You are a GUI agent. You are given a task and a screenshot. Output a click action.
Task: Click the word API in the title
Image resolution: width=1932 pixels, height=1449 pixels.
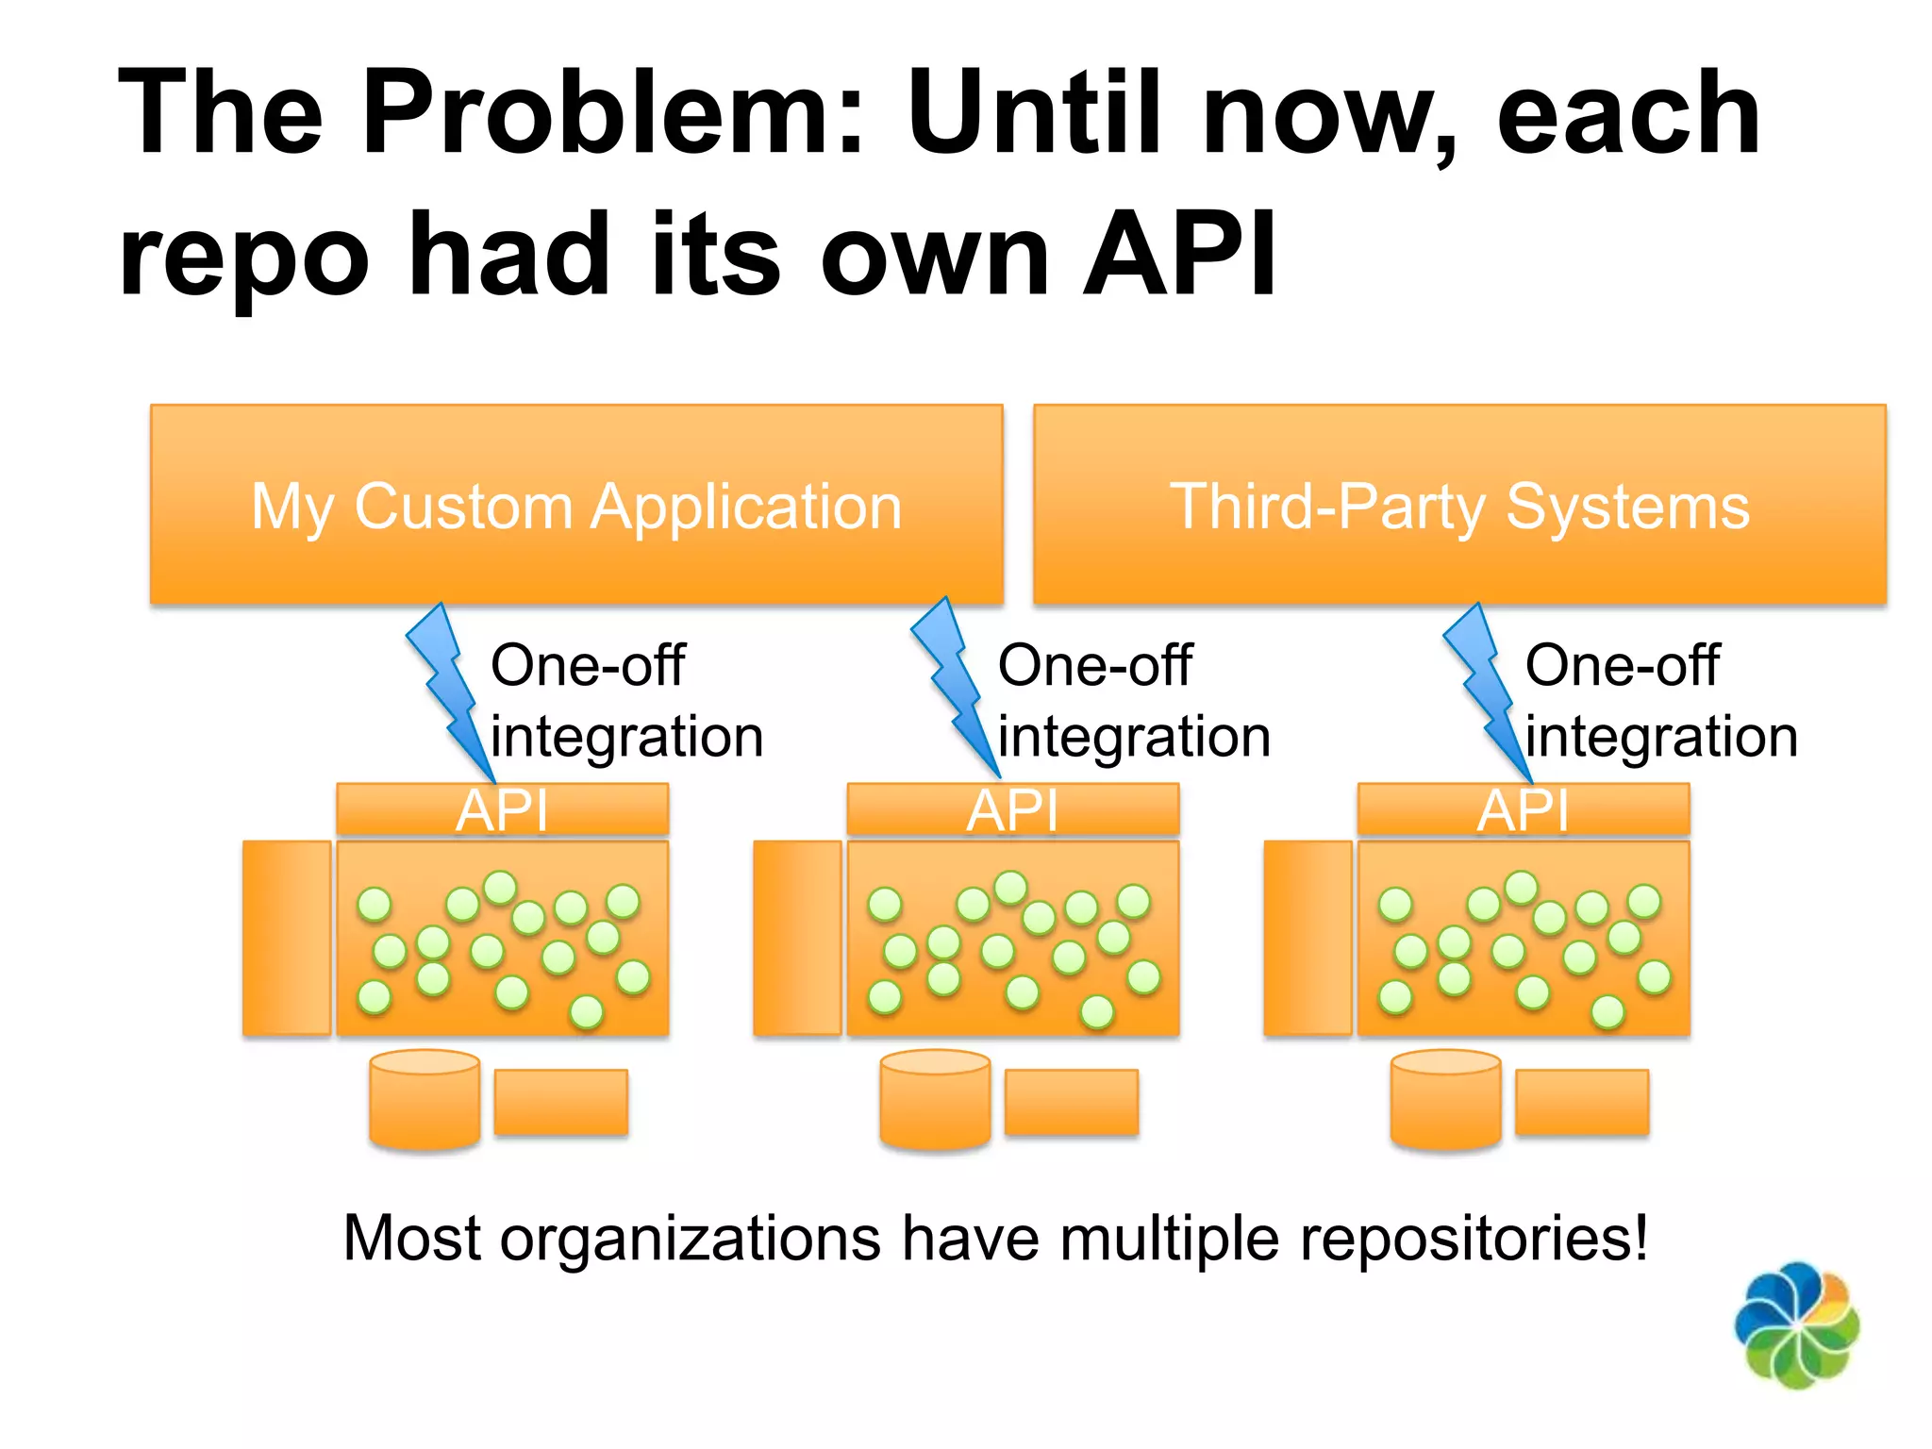tap(1179, 255)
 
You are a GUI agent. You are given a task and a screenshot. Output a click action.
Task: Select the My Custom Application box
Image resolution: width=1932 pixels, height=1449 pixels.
tap(576, 505)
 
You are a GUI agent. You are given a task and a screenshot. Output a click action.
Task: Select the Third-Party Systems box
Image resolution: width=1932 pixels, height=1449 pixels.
tap(1459, 505)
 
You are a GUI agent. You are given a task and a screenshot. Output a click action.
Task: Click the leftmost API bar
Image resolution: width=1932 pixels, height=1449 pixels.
tap(502, 809)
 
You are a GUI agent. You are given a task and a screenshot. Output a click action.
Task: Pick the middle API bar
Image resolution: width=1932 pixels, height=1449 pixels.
tap(1012, 809)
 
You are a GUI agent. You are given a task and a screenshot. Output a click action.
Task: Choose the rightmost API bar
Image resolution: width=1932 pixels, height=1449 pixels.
tap(1523, 809)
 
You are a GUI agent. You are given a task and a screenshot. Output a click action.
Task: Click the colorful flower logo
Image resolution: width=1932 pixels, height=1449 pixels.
tap(1796, 1325)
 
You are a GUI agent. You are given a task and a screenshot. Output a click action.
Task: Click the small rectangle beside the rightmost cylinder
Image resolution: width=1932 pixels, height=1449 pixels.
tap(1582, 1102)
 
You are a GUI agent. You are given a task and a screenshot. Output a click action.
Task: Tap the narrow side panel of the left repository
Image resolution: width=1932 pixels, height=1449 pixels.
tap(287, 939)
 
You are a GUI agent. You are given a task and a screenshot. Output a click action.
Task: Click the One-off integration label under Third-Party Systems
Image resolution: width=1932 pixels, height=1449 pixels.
tap(1660, 700)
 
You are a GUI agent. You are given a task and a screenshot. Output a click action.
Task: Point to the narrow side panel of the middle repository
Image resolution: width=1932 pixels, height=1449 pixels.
tap(797, 939)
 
